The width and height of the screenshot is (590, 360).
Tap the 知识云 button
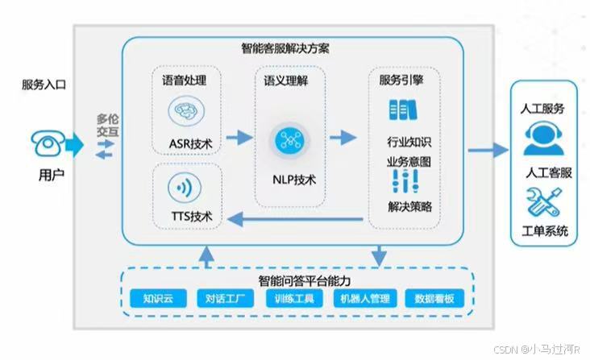pyautogui.click(x=158, y=299)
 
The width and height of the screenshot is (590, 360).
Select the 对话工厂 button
pyautogui.click(x=226, y=299)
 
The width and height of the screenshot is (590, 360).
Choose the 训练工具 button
pyautogui.click(x=294, y=299)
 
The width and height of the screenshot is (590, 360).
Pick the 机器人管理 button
pyautogui.click(x=363, y=299)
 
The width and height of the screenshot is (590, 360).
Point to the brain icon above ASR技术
pyautogui.click(x=190, y=111)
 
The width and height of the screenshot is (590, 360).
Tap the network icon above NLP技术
pyautogui.click(x=288, y=139)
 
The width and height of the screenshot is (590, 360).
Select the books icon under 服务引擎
pyautogui.click(x=403, y=108)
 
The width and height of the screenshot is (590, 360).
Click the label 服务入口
pyautogui.click(x=44, y=84)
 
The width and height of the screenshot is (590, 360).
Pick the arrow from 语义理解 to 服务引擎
pyautogui.click(x=343, y=138)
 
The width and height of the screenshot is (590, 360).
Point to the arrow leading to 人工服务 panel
pyautogui.click(x=488, y=149)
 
